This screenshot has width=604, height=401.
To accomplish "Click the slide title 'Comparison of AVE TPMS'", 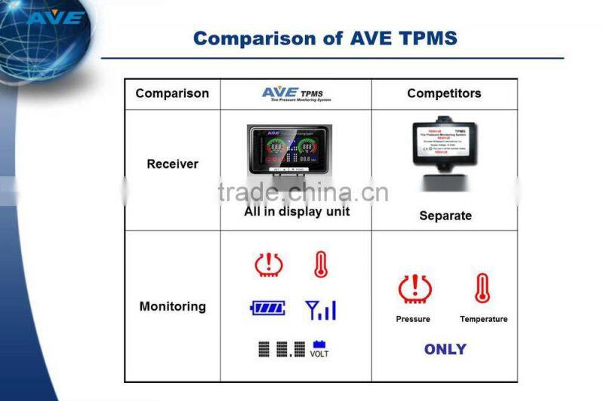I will click(x=325, y=38).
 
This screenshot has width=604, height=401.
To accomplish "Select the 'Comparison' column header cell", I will click(x=172, y=93).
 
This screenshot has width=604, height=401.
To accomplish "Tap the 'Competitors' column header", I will click(x=444, y=93).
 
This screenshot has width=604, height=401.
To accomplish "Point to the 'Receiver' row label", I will click(x=172, y=164).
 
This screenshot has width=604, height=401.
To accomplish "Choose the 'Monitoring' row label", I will click(x=172, y=306).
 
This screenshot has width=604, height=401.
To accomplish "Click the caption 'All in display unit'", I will click(x=297, y=212).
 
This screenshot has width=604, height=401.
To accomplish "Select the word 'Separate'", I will click(x=445, y=216).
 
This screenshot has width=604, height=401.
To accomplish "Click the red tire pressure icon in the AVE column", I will click(x=269, y=265).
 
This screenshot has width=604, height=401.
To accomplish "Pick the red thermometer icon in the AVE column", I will click(x=321, y=265).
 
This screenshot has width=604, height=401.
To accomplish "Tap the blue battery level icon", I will click(x=268, y=308).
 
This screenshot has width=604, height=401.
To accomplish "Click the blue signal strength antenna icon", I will click(x=320, y=309).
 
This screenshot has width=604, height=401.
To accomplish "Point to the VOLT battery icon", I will click(x=319, y=349).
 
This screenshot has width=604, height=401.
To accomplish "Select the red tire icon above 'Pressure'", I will click(x=414, y=289).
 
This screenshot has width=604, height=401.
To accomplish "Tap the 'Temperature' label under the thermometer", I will click(x=483, y=320).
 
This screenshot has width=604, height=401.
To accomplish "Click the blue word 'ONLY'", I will click(x=445, y=349).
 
